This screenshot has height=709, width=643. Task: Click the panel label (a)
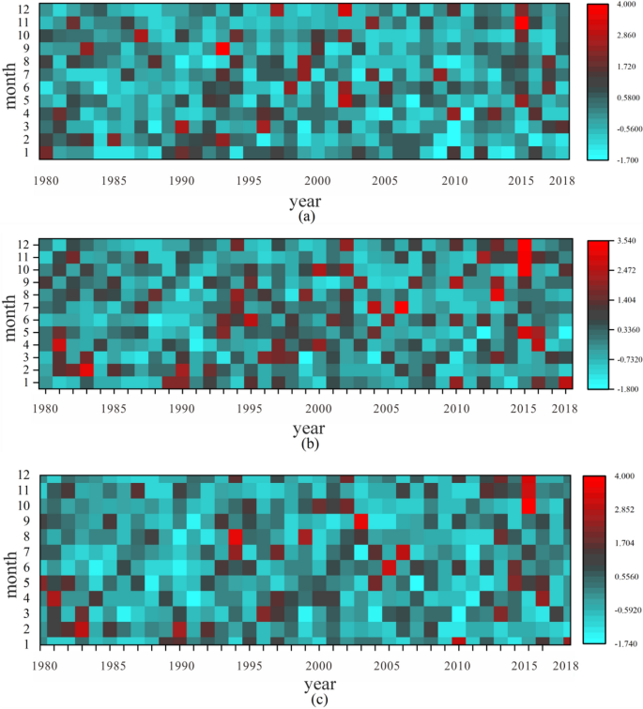click(305, 215)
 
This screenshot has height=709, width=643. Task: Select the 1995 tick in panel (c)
click(250, 664)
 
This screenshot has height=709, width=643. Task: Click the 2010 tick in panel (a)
click(455, 180)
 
